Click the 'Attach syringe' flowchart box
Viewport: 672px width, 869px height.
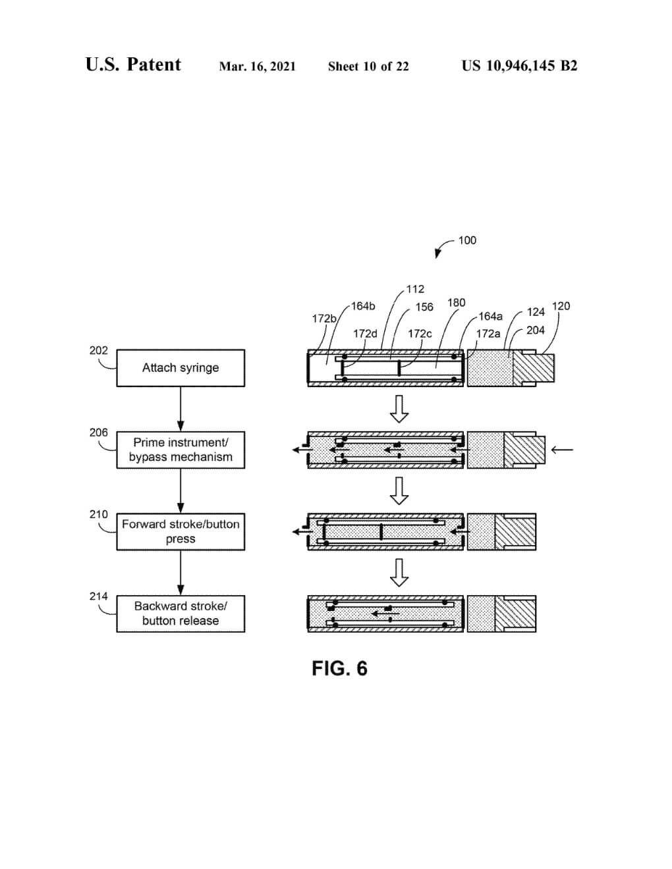point(181,368)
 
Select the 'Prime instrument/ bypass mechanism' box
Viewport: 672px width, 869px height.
point(181,450)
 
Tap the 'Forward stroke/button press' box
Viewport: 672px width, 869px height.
point(181,532)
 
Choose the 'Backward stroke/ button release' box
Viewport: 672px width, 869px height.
point(181,614)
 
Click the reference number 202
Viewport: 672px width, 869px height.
point(98,351)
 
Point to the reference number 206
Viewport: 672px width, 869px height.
point(98,433)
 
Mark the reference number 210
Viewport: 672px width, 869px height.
point(98,514)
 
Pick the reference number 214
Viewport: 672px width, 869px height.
point(98,596)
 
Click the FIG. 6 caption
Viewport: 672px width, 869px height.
point(339,669)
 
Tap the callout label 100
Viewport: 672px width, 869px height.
point(467,240)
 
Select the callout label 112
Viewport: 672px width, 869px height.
point(415,289)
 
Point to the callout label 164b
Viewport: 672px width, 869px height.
point(363,306)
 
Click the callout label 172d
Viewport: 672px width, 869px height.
point(365,334)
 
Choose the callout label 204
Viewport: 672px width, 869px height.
point(536,330)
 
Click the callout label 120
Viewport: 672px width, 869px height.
point(561,306)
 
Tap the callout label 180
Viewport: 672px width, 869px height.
point(456,303)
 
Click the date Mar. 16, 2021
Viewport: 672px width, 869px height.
point(257,66)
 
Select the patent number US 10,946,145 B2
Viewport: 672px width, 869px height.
point(519,66)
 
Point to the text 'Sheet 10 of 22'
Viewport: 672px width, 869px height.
point(368,66)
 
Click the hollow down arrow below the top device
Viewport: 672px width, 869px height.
point(399,409)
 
